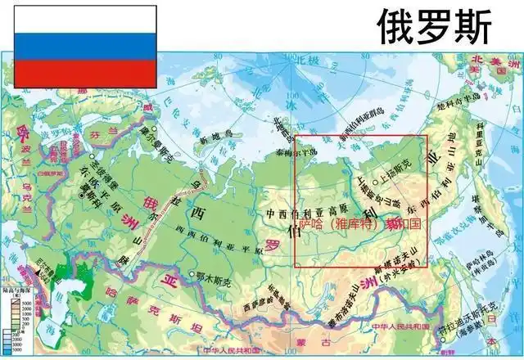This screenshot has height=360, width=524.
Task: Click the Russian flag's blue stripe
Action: click(x=79, y=46)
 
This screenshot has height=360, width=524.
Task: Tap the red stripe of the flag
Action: click(x=79, y=73)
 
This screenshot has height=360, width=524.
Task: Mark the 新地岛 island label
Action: click(x=215, y=141)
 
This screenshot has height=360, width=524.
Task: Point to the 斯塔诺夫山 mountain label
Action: click(x=394, y=266)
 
